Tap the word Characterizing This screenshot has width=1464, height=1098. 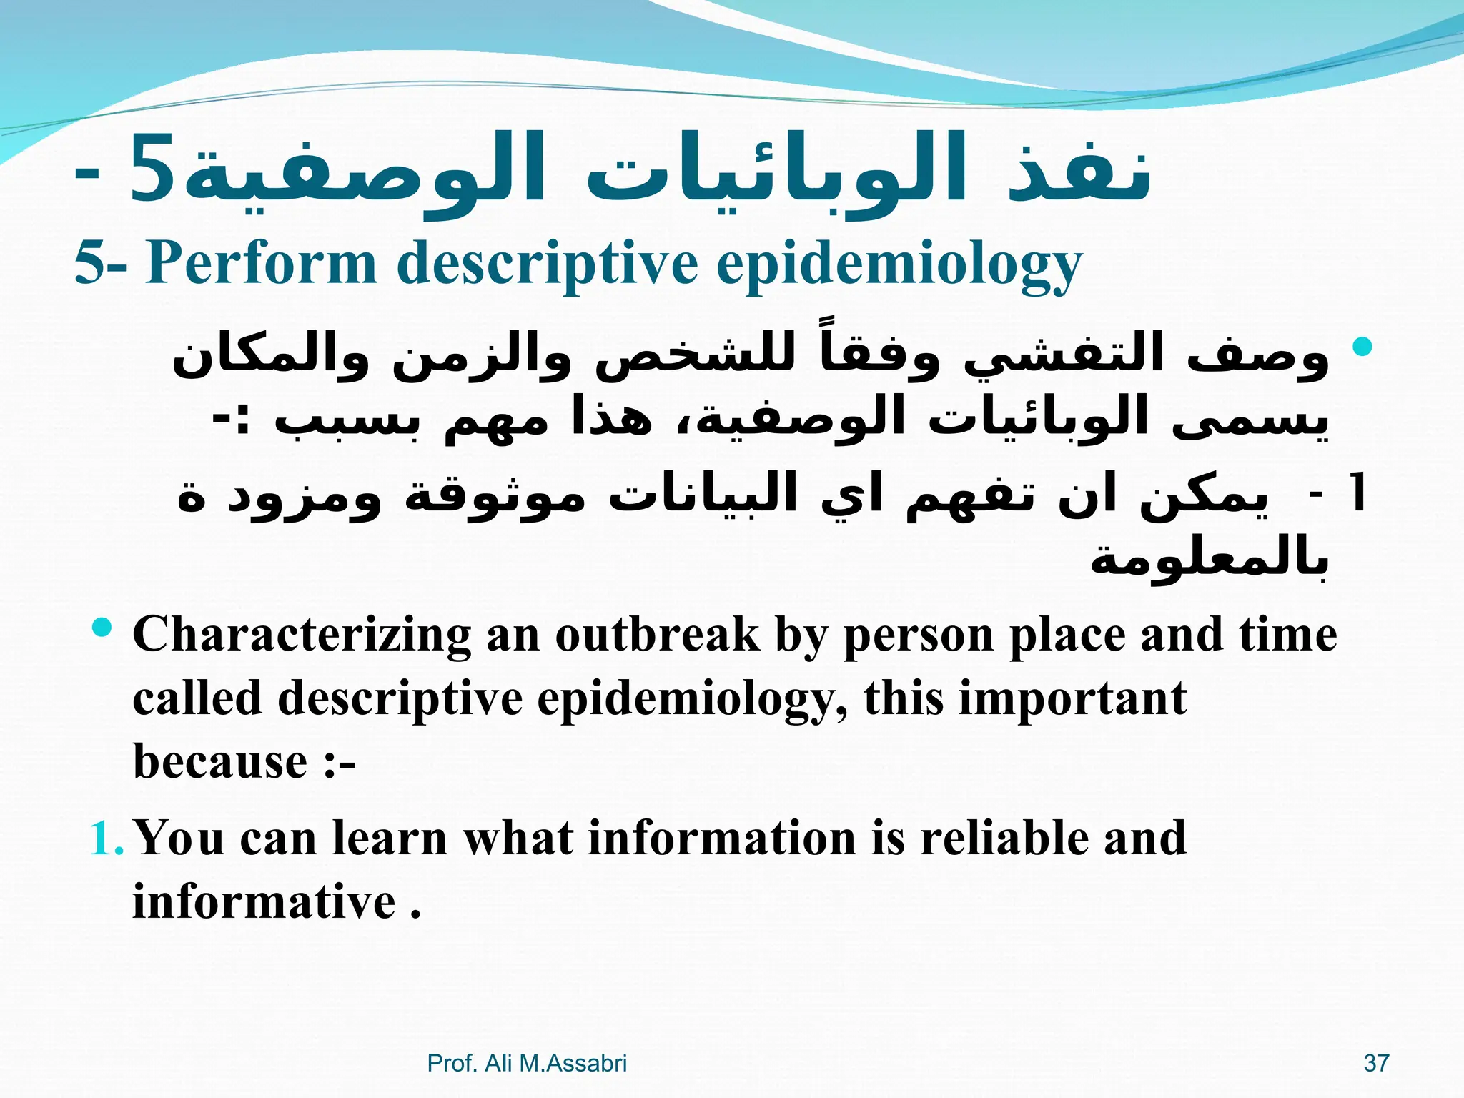301,635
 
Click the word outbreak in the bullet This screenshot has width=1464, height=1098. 657,635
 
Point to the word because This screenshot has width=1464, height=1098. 219,761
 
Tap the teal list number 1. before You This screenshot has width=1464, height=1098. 107,839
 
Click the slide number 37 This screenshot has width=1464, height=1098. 1376,1063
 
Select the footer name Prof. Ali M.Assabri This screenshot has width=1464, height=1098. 527,1063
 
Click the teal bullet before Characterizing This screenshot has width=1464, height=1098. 103,628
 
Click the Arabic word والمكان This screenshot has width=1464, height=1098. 269,357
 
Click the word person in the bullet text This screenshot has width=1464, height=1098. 918,635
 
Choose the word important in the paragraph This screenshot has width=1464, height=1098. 1072,698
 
